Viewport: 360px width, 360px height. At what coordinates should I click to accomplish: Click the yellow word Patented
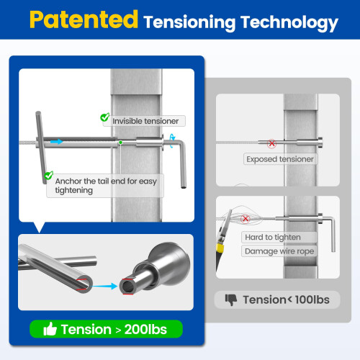(x=84, y=19)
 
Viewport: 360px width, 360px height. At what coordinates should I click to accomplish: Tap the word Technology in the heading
(x=289, y=23)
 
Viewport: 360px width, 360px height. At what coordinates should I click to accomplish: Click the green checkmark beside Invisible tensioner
(x=104, y=117)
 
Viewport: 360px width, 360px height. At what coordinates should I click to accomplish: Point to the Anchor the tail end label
(x=106, y=186)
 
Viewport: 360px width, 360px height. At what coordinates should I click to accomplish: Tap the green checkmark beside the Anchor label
(x=49, y=176)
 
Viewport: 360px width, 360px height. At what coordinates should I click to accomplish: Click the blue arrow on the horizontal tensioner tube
(x=57, y=142)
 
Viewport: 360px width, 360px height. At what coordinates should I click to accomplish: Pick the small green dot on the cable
(x=121, y=143)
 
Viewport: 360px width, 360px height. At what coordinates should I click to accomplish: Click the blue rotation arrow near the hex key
(x=172, y=140)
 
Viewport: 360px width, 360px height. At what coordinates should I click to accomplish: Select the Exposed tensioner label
(x=280, y=159)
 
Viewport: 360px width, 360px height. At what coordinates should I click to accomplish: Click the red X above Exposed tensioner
(x=271, y=143)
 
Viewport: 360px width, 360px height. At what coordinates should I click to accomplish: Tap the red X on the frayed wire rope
(x=246, y=219)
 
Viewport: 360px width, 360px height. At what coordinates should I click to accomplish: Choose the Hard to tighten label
(x=273, y=237)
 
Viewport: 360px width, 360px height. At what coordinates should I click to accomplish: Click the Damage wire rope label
(x=279, y=251)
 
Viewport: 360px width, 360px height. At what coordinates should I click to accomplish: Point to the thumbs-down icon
(x=231, y=300)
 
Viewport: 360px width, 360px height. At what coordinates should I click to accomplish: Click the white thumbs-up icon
(x=50, y=329)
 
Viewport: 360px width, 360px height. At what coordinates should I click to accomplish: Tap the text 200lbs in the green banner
(x=145, y=329)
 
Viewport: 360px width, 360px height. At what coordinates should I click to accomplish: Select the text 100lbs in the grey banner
(x=312, y=300)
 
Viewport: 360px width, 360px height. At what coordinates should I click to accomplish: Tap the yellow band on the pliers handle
(x=220, y=248)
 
